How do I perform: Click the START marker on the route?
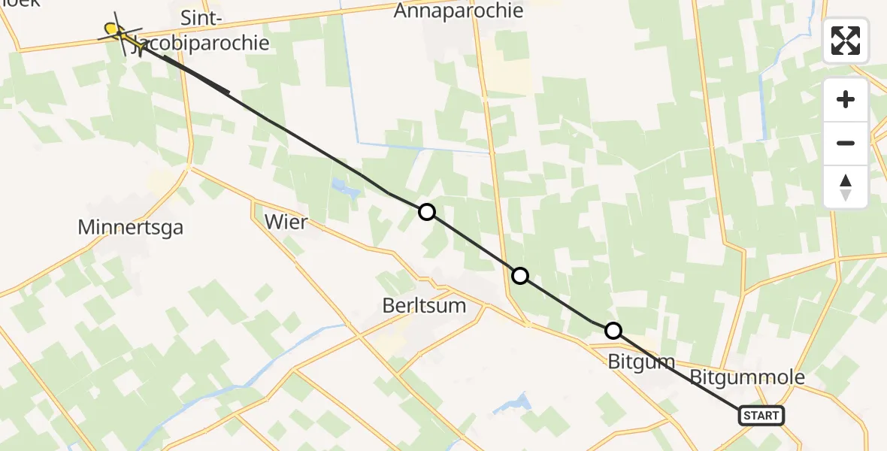click(761, 415)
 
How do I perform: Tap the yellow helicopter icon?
click(115, 31)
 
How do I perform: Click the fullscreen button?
click(846, 41)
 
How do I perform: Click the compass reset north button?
click(846, 187)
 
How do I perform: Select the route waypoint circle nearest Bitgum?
click(613, 330)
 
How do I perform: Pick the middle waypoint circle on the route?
click(519, 276)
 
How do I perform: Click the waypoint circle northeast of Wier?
click(426, 212)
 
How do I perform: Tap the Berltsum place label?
click(424, 306)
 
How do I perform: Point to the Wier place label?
click(286, 222)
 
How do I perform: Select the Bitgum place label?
click(641, 362)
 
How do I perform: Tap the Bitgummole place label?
click(747, 377)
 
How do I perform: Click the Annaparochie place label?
click(459, 11)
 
